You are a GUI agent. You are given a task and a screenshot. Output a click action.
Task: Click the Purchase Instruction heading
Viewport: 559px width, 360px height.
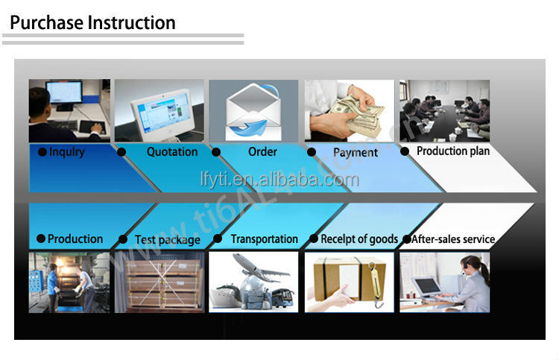tap(92, 23)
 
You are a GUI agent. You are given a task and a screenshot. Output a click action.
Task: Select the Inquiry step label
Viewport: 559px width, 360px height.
tap(66, 152)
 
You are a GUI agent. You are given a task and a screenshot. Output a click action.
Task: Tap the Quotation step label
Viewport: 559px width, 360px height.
tap(172, 152)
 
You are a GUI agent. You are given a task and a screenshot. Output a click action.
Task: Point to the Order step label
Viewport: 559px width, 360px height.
tap(262, 151)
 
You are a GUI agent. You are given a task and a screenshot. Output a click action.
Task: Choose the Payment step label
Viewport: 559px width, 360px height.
tap(356, 153)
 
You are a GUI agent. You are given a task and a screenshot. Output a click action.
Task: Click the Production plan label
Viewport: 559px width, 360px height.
tap(453, 151)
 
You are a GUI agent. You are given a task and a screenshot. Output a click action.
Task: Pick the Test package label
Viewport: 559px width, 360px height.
tap(168, 239)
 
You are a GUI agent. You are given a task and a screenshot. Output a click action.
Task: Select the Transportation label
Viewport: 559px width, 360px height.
tap(264, 239)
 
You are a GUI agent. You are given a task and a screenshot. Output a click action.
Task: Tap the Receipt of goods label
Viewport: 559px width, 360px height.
tap(359, 239)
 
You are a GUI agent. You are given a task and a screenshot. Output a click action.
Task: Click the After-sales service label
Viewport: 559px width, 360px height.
tap(453, 239)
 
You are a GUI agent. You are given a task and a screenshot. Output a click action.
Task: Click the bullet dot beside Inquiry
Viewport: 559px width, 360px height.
tap(42, 152)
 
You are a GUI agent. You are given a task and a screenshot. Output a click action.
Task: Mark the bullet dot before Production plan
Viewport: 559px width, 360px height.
tap(405, 151)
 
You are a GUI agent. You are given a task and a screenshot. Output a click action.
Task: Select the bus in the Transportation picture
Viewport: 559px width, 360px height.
tap(283, 297)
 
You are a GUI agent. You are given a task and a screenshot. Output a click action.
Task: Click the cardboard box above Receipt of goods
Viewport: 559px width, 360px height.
tap(350, 278)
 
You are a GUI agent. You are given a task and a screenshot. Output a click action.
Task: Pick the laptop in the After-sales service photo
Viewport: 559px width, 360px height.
tap(427, 288)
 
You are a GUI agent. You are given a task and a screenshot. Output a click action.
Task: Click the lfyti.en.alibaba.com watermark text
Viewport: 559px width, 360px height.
tap(279, 180)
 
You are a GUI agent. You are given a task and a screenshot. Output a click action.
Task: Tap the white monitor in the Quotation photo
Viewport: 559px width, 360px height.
tap(163, 114)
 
